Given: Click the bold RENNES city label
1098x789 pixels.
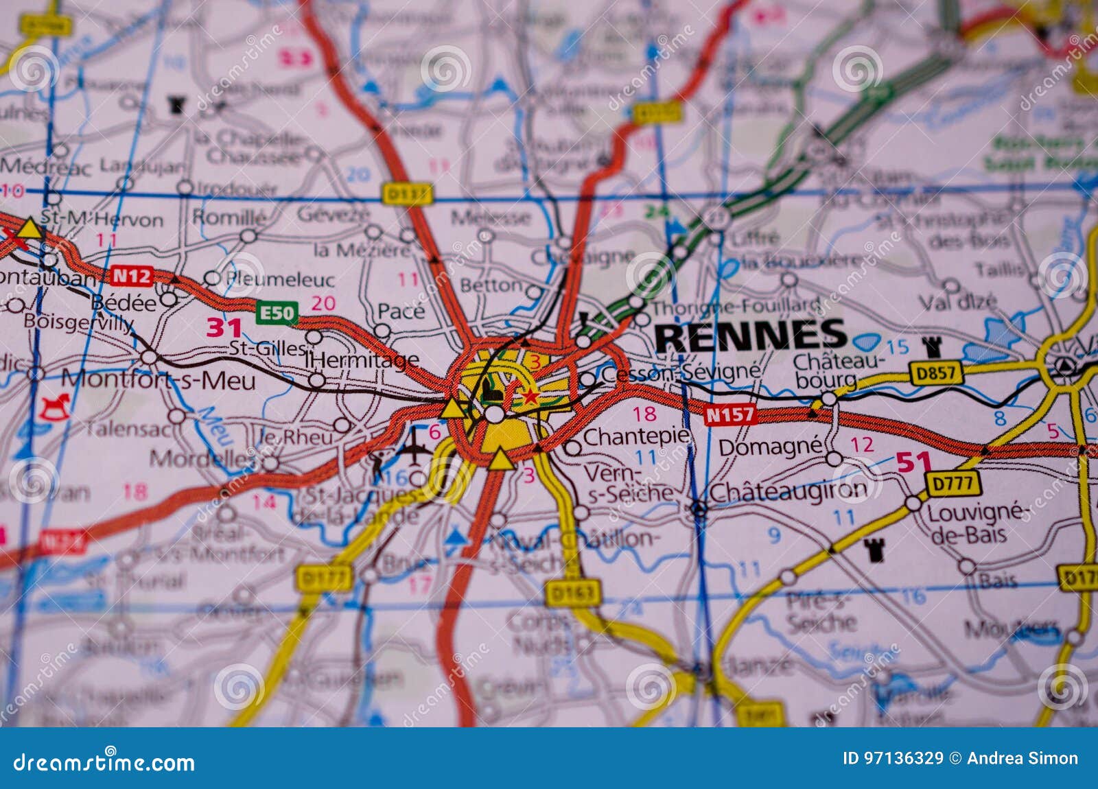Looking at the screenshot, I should (751, 335).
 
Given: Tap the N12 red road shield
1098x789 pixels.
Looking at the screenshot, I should (131, 276).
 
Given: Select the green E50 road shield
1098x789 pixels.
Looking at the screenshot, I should (277, 313).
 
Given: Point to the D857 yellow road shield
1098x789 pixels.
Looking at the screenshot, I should (937, 373).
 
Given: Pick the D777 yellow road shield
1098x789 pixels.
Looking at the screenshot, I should (954, 484).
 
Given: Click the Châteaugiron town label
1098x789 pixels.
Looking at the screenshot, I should (788, 491).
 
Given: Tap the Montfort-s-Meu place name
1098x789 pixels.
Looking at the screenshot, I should (158, 379).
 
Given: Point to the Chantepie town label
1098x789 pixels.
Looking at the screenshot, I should (636, 436).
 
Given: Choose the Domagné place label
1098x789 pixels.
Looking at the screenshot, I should (770, 447).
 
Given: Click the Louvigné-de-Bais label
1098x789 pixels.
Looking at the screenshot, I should (977, 523).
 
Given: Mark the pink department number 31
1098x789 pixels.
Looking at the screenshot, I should (224, 327).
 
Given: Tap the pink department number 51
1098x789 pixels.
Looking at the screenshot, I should (914, 462).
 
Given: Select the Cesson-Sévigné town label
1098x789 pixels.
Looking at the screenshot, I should (680, 373).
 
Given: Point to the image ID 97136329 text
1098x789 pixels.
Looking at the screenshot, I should (892, 758).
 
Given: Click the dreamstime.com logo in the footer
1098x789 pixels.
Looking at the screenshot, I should (104, 761).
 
